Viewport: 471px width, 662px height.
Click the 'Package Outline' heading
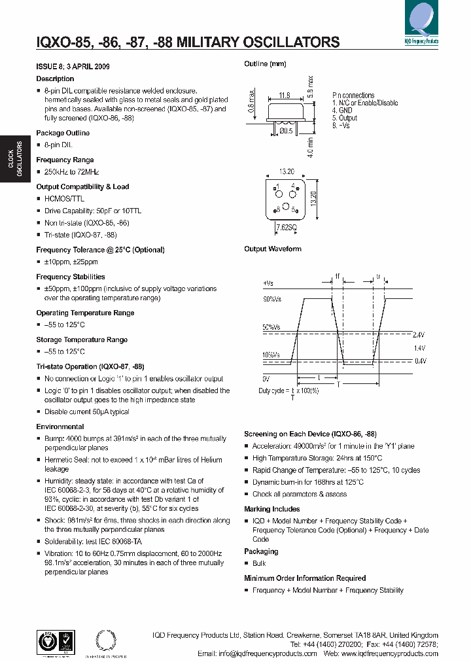63,133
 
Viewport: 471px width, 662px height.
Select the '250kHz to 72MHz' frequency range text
71,171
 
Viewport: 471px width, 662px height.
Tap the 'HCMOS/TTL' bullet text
65,198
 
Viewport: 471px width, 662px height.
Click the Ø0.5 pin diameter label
286,131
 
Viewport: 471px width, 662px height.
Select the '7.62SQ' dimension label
286,226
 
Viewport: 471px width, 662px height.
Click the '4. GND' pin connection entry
342,111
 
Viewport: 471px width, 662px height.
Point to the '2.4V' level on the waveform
419,335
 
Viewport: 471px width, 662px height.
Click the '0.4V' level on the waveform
419,361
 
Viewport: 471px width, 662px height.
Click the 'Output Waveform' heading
273,249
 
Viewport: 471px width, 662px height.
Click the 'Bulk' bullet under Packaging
260,563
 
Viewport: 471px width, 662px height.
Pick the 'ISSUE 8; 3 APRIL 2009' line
73,67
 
